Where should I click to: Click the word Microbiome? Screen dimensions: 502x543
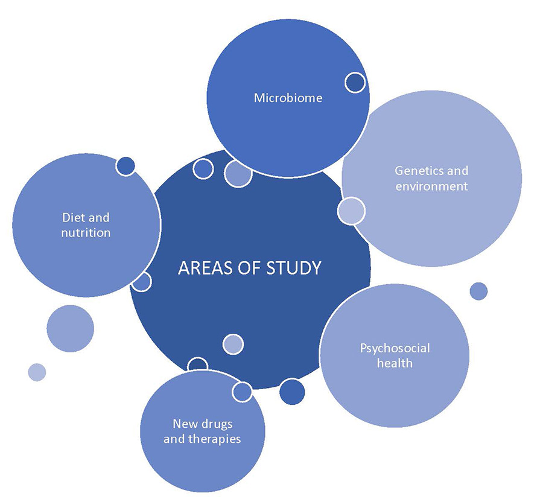click(x=288, y=98)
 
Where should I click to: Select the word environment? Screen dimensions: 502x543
click(x=431, y=186)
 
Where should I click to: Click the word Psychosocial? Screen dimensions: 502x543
click(x=395, y=348)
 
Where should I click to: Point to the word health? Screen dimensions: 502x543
click(x=395, y=363)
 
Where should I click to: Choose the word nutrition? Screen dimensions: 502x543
click(x=86, y=232)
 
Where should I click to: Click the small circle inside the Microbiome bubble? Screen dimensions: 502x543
click(x=355, y=82)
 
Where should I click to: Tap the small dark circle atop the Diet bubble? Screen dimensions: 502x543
click(x=125, y=166)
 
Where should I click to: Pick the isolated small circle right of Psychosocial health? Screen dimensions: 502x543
click(x=478, y=291)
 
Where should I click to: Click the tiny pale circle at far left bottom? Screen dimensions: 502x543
click(x=37, y=372)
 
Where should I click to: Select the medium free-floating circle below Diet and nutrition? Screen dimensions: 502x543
click(x=70, y=329)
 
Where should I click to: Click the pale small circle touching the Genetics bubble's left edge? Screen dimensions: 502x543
click(x=351, y=211)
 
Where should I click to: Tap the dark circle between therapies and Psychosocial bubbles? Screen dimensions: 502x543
click(x=292, y=392)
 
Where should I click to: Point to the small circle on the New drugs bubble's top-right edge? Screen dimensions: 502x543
click(x=242, y=392)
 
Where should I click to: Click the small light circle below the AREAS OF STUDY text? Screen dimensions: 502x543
click(x=233, y=344)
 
